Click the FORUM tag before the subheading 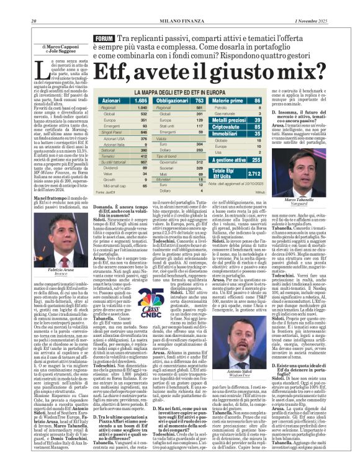(x=103, y=38)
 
